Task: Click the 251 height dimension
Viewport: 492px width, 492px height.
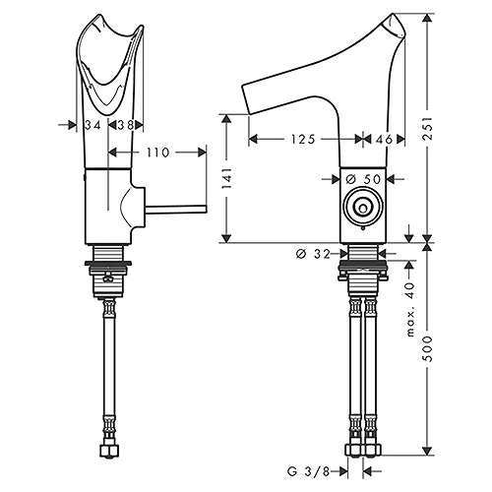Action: pyautogui.click(x=427, y=128)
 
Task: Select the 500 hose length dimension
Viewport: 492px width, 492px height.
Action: pyautogui.click(x=427, y=348)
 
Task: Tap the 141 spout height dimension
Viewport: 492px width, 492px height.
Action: pyautogui.click(x=227, y=178)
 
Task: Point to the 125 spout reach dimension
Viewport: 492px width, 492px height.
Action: pyautogui.click(x=303, y=140)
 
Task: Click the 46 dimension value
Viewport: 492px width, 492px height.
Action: pyautogui.click(x=384, y=140)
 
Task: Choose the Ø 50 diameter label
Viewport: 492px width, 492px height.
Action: pyautogui.click(x=363, y=179)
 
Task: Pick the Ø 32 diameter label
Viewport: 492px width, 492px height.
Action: pyautogui.click(x=313, y=254)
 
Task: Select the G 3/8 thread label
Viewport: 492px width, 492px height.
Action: pyautogui.click(x=308, y=471)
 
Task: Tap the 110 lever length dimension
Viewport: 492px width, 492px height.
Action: pyautogui.click(x=157, y=153)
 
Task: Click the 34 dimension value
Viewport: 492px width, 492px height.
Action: pyautogui.click(x=92, y=125)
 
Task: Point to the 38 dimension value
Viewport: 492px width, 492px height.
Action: pyautogui.click(x=125, y=125)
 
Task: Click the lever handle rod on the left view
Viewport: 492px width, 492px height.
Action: pyautogui.click(x=176, y=210)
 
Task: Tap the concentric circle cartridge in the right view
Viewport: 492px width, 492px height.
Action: pyautogui.click(x=363, y=206)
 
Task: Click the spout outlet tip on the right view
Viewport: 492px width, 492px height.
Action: pyautogui.click(x=246, y=99)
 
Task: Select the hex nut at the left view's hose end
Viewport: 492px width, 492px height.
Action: pyautogui.click(x=109, y=451)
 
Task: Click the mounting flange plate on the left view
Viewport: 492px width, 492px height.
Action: pyautogui.click(x=108, y=263)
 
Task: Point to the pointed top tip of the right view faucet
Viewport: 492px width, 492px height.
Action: pyautogui.click(x=393, y=14)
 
